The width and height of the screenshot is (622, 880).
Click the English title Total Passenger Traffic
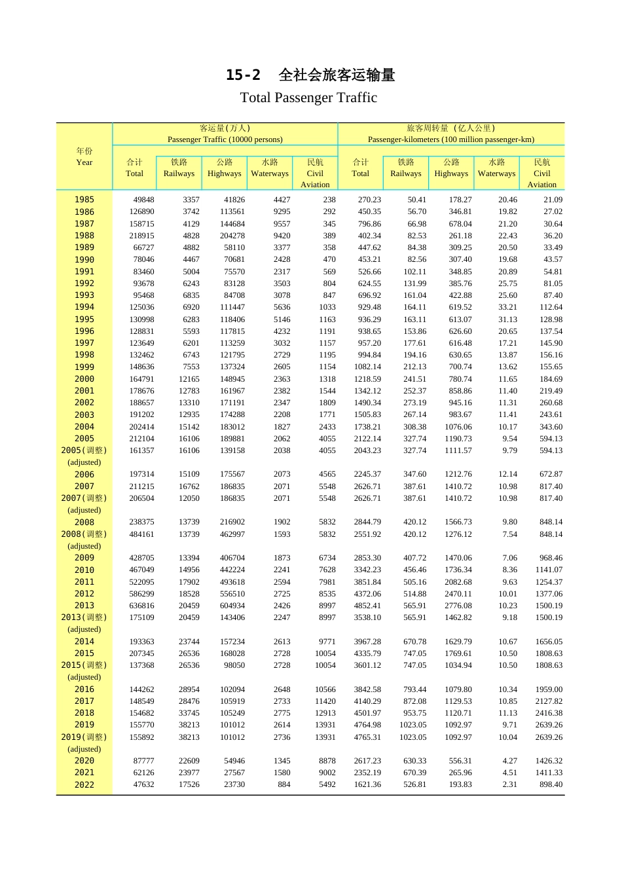[x=308, y=98]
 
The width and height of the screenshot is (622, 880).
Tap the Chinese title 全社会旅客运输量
[x=337, y=75]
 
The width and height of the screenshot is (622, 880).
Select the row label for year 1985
[x=84, y=200]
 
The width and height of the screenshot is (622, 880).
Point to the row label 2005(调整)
[x=84, y=450]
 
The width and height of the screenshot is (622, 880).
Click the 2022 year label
[x=84, y=784]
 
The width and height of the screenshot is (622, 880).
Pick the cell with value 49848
[x=143, y=200]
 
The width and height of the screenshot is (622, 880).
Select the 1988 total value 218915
[x=141, y=236]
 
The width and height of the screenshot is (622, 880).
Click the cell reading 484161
[x=141, y=534]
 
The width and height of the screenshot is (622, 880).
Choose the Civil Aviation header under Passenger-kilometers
[x=541, y=174]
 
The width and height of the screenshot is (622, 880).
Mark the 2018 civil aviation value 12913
[x=325, y=713]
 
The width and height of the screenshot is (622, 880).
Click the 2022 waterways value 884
[x=284, y=784]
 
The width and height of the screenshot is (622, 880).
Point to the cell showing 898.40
[x=551, y=784]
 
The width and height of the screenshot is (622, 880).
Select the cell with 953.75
[x=414, y=713]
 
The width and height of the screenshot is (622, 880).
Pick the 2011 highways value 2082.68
[x=458, y=582]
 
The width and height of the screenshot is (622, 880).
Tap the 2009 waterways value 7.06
[x=509, y=558]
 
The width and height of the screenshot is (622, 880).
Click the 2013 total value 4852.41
[x=367, y=606]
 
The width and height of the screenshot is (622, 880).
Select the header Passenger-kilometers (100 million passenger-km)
[x=451, y=139]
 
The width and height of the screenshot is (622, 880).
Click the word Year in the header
[x=84, y=162]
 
